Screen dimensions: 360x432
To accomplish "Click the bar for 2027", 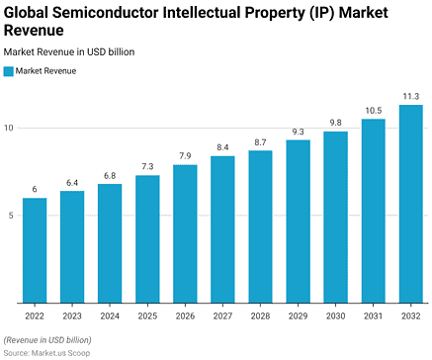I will (x=222, y=229).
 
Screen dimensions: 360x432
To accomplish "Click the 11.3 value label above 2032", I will (x=410, y=96).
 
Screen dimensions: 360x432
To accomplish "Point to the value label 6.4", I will (x=72, y=182).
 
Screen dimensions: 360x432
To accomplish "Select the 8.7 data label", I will (x=260, y=141).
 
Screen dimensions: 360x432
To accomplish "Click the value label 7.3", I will (x=147, y=166).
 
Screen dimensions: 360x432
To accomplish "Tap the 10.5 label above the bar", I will (x=373, y=110).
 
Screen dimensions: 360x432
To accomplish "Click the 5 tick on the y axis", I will (x=9, y=216).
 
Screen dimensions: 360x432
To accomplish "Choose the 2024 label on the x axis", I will (x=110, y=315).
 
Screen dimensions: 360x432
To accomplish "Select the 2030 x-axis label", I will (x=335, y=315).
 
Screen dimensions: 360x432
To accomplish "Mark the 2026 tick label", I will (x=185, y=315).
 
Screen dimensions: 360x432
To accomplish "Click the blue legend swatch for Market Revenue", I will (x=9, y=71).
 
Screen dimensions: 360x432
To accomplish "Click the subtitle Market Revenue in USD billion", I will (x=69, y=51).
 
